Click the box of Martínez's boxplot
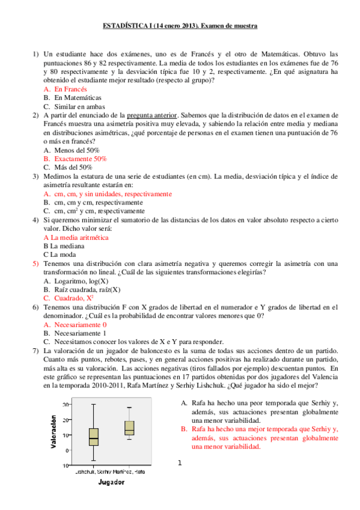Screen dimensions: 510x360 129,428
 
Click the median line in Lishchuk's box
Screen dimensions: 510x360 93,438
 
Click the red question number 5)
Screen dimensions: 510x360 35,263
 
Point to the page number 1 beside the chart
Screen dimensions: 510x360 179,462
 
